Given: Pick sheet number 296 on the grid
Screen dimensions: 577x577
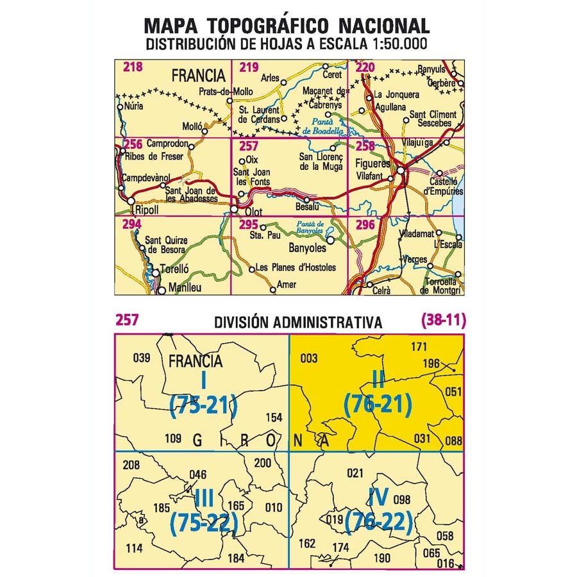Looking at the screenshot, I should (x=364, y=224).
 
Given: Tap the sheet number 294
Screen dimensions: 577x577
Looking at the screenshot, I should (x=131, y=224).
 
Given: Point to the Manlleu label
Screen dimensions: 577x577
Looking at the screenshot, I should (x=184, y=288).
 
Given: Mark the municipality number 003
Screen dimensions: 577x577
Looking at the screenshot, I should (x=308, y=358).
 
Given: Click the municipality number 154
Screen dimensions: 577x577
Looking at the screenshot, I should (x=273, y=417).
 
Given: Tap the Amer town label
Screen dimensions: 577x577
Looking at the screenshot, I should (x=287, y=285).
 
